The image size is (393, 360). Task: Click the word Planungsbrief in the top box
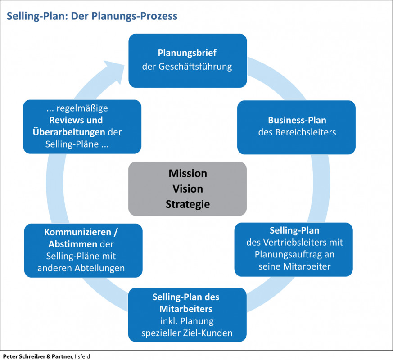[x=187, y=53]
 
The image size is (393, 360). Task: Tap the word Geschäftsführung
[x=195, y=67]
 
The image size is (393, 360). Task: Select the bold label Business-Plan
[x=297, y=120]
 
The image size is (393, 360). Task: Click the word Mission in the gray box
[x=188, y=174]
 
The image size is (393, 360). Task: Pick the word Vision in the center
[x=188, y=189]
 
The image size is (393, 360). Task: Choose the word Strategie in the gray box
[x=188, y=204]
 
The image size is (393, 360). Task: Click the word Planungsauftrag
[x=289, y=254]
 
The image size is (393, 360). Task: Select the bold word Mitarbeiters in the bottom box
[x=186, y=309]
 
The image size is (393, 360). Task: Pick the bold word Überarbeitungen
[x=68, y=133]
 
